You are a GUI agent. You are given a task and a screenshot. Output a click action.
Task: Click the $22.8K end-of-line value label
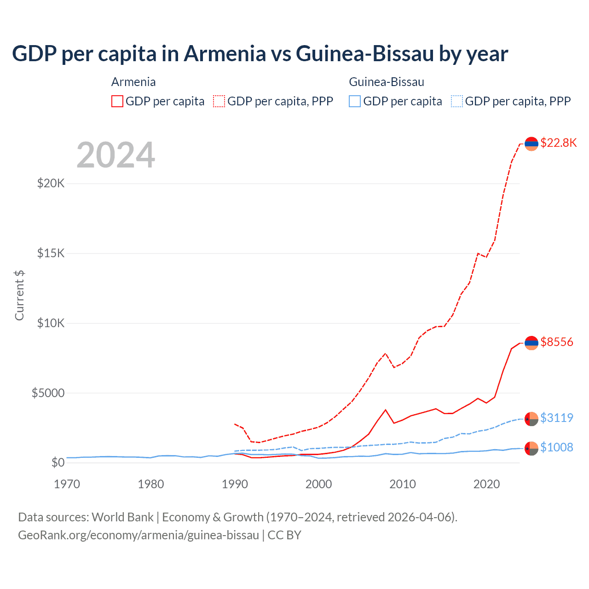click(558, 143)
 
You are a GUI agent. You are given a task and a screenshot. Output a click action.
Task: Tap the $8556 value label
click(556, 342)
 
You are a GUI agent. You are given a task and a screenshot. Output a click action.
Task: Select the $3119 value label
click(556, 418)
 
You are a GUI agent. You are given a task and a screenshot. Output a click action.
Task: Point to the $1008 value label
click(556, 447)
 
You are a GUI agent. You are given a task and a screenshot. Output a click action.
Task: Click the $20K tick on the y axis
click(51, 184)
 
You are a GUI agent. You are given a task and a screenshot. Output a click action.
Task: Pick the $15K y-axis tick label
click(51, 254)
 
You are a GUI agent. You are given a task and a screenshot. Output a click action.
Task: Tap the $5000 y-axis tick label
click(48, 393)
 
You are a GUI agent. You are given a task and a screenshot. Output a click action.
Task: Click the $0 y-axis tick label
click(58, 462)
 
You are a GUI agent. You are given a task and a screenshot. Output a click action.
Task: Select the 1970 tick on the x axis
click(67, 484)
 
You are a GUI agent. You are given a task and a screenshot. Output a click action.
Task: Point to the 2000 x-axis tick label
click(319, 484)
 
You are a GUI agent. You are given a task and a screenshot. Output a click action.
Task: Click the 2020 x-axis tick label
click(486, 484)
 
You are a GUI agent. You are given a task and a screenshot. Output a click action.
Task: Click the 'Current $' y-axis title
click(19, 295)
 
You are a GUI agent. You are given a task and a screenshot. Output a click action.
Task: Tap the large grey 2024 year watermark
click(116, 155)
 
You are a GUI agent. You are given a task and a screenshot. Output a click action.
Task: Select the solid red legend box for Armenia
click(117, 101)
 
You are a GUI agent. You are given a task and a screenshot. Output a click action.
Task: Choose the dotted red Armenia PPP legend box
click(219, 101)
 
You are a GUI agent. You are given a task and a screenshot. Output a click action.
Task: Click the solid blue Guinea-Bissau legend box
click(355, 101)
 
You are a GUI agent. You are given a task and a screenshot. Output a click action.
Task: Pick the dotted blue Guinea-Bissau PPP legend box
click(457, 101)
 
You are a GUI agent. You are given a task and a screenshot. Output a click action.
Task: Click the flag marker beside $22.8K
click(531, 144)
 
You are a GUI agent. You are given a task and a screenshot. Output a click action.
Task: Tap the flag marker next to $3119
click(531, 419)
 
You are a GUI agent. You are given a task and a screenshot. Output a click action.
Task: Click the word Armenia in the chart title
click(225, 53)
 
